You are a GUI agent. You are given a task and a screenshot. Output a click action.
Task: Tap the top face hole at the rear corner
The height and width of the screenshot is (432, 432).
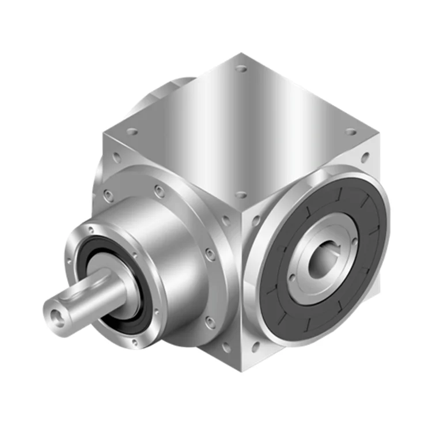tap(241, 69)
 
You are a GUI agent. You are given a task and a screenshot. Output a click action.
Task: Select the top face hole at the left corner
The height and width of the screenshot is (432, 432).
tap(132, 132)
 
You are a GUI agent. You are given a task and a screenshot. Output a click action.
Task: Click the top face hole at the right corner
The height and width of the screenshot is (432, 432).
tap(351, 132)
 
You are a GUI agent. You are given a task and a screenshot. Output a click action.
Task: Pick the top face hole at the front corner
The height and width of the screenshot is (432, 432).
tap(241, 195)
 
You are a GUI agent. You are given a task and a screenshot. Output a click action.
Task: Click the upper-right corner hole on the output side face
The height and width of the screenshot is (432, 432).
tap(365, 156)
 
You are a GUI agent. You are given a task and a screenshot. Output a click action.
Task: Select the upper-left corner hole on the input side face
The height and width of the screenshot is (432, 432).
tap(117, 156)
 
